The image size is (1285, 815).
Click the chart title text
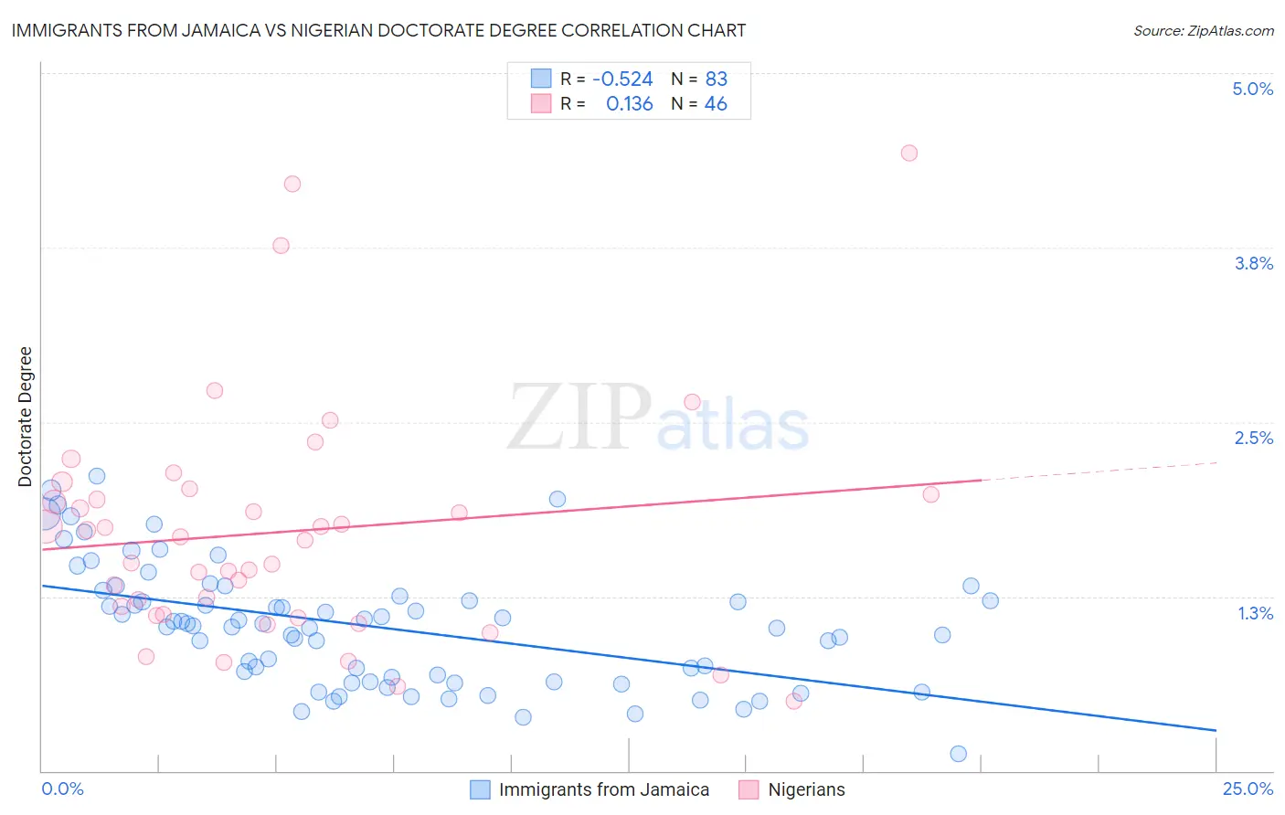tap(378, 30)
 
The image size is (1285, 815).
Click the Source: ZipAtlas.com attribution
tap(1203, 30)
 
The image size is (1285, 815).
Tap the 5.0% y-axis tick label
tap(1252, 89)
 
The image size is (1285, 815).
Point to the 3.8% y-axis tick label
tap(1253, 263)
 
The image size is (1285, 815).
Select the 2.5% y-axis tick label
tap(1253, 438)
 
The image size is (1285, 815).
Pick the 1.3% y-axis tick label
tap(1255, 613)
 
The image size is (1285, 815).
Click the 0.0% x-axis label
tap(62, 789)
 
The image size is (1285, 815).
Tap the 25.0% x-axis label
tap(1248, 789)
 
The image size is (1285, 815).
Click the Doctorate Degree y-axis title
tap(26, 417)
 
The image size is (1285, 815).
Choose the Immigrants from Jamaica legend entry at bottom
tap(603, 789)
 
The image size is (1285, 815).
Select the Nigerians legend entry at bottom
tap(806, 789)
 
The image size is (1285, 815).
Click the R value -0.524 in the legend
tap(622, 79)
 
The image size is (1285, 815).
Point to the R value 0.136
tap(630, 104)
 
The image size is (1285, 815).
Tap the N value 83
tap(717, 79)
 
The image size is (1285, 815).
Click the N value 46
tap(716, 104)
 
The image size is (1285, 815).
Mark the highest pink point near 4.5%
tap(908, 153)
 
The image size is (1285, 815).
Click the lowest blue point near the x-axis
tap(958, 754)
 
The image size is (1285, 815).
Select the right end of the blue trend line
tap(1215, 730)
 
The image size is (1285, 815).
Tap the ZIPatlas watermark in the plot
tap(658, 418)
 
